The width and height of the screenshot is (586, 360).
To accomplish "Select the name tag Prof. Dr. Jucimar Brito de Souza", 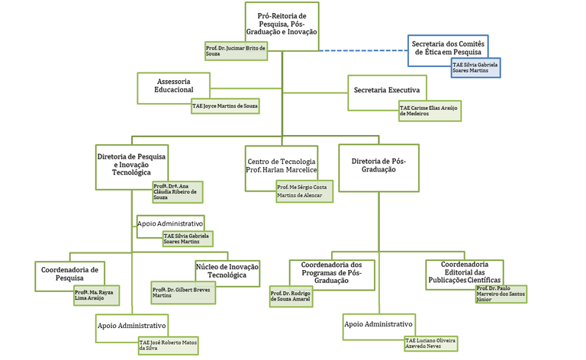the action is pos(237,51).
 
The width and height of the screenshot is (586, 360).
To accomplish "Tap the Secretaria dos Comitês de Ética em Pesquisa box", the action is pos(448,48).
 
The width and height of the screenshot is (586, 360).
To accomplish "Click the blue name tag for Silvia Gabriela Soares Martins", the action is pos(475,68).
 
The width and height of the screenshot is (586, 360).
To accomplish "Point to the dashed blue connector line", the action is pos(363,50).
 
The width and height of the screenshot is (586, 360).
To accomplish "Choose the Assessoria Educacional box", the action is pos(173,86).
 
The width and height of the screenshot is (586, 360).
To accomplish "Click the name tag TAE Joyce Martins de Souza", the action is pos(225,106).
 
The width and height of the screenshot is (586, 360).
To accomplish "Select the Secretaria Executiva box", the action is pos(387,90).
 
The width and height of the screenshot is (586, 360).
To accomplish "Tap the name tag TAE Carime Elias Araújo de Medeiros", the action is pos(430,111).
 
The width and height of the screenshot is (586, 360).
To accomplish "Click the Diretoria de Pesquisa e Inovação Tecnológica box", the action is pos(131,164).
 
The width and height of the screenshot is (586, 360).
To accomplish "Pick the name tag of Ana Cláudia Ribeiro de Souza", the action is pos(178,192).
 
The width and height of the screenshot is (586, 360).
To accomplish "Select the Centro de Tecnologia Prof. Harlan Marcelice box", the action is pos(281,166).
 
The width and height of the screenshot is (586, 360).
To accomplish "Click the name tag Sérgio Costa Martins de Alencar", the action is pos(304,191).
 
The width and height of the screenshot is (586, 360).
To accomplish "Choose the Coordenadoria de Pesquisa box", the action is pos(69,274).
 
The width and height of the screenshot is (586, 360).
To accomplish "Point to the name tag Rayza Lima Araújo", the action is pos(96,295).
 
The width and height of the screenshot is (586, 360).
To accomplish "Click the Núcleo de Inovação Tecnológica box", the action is pos(227,271).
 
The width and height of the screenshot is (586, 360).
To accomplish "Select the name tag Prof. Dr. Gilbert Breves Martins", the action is pos(183,292).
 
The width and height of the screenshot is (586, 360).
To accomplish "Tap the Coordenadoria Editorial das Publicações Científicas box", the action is pos(464,272).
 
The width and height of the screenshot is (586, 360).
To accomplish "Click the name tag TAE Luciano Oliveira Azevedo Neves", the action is pos(431,343).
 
